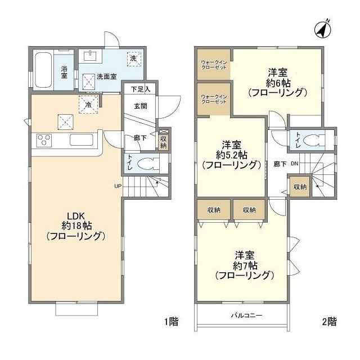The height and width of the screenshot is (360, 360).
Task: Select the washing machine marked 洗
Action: coord(136,58)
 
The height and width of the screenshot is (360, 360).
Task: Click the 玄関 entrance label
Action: coord(140,105)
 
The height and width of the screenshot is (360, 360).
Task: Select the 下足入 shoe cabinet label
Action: coord(140,89)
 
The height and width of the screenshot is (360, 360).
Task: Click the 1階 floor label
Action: coord(171,322)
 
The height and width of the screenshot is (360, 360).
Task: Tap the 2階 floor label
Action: coord(329,322)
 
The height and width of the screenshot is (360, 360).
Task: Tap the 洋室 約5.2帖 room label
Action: coord(231,155)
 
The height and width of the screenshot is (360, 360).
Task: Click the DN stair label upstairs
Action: coord(294,165)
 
